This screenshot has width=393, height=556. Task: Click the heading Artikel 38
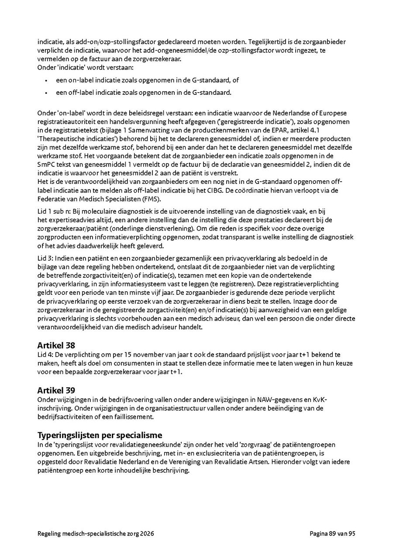(55, 345)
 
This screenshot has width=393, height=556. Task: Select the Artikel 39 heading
(55, 390)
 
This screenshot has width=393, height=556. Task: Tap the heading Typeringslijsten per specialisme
(100, 435)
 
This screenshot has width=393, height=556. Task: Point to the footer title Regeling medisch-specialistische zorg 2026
(96, 533)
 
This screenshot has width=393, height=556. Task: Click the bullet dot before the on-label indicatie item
(46, 81)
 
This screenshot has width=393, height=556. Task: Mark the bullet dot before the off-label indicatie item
(46, 93)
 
